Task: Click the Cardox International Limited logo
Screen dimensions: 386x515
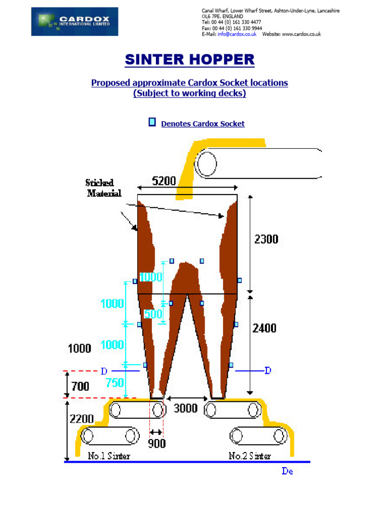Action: [x=74, y=21]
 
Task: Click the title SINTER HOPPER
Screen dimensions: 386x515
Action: [x=189, y=59]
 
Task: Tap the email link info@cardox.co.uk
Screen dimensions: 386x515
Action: [x=237, y=34]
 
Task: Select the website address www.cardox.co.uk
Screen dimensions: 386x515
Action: [x=302, y=34]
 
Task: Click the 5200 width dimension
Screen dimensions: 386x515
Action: [x=164, y=181]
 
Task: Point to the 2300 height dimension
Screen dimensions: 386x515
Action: [x=266, y=239]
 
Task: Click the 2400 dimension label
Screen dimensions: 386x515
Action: [x=264, y=328]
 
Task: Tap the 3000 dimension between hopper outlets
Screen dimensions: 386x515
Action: [x=185, y=408]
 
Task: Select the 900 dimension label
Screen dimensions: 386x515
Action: [x=157, y=444]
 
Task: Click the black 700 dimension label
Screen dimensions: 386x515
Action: [x=80, y=386]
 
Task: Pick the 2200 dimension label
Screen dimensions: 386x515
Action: [x=82, y=419]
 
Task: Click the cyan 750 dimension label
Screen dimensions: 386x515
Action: [x=115, y=383]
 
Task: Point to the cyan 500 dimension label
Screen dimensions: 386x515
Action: [x=153, y=314]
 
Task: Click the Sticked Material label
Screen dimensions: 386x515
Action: [x=103, y=188]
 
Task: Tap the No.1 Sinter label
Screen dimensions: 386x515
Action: [x=109, y=456]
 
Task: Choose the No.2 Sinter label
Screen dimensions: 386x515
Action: [x=250, y=456]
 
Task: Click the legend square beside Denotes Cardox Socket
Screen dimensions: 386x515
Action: [x=152, y=122]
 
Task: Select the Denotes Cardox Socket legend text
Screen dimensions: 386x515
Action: [x=203, y=124]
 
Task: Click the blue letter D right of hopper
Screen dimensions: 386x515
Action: [x=268, y=371]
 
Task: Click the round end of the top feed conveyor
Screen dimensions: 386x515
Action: [x=206, y=163]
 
